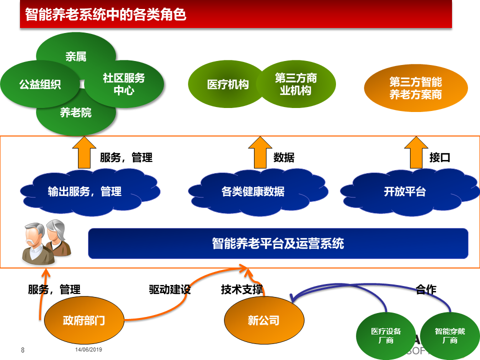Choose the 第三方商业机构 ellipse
pyautogui.click(x=295, y=84)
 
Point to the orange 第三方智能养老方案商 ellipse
pyautogui.click(x=415, y=88)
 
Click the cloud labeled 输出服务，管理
pyautogui.click(x=90, y=192)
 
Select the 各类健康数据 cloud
pyautogui.click(x=258, y=192)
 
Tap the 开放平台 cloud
pyautogui.click(x=410, y=192)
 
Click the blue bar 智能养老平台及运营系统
pyautogui.click(x=278, y=243)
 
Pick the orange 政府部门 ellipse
pyautogui.click(x=84, y=320)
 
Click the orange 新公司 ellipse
pyautogui.click(x=264, y=320)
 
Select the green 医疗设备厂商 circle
pyautogui.click(x=385, y=336)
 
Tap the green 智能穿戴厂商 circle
pyautogui.click(x=450, y=336)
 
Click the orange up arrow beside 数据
pyautogui.click(x=260, y=152)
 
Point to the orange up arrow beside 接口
pyautogui.click(x=416, y=152)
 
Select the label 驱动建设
pyautogui.click(x=169, y=289)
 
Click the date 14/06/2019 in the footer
pyautogui.click(x=88, y=349)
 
